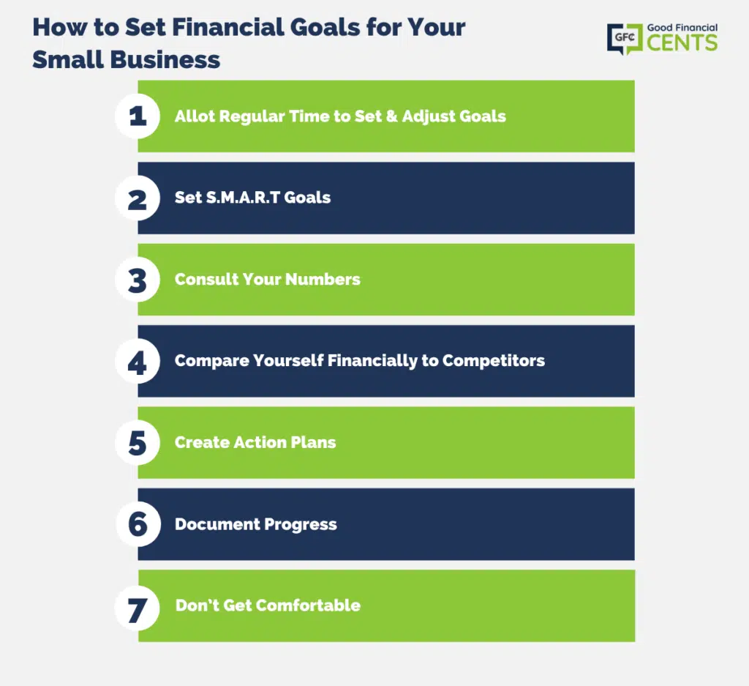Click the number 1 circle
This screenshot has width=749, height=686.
tap(138, 116)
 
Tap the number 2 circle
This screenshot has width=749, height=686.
tap(138, 198)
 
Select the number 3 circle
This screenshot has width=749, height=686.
tap(138, 280)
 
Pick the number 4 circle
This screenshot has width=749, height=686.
tap(138, 362)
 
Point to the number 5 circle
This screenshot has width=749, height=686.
tap(138, 443)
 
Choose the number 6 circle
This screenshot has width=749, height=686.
tap(138, 524)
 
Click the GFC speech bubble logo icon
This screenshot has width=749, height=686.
tap(625, 38)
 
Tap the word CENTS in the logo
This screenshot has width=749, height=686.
tap(682, 42)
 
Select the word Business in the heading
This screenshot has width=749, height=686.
tap(165, 60)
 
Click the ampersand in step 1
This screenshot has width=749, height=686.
tap(392, 116)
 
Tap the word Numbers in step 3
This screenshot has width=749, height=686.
tap(323, 279)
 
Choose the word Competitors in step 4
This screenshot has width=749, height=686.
tap(494, 361)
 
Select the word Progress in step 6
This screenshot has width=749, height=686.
tap(301, 525)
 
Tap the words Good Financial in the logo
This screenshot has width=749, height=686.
tap(682, 28)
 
